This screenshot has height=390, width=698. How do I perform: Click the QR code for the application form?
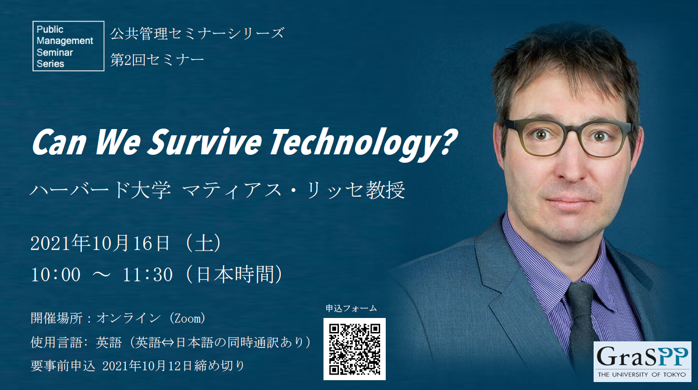354,349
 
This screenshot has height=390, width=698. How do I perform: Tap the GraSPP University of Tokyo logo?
642,361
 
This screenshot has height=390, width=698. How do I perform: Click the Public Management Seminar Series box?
68,46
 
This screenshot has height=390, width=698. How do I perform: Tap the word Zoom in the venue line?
188,318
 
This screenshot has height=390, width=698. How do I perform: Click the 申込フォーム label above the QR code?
351,309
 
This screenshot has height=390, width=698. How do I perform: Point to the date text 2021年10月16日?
100,244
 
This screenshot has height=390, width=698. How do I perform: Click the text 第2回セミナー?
157,60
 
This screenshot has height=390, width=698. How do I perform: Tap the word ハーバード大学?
100,190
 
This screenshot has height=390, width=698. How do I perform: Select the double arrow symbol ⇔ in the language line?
168,343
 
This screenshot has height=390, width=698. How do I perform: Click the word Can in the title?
59,143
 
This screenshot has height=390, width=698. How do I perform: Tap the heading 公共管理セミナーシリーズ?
197,34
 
